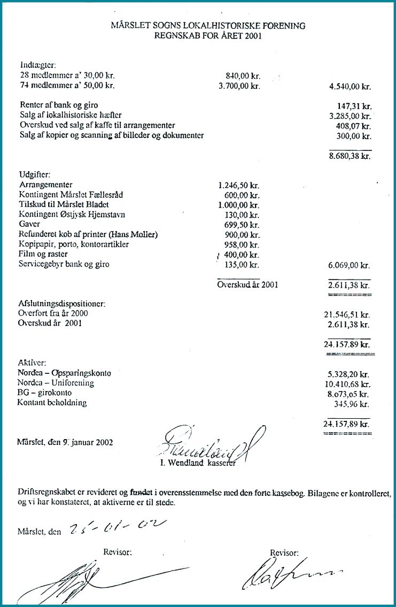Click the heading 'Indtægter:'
tap(34, 66)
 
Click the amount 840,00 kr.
tap(239, 76)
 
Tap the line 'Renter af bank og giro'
tap(58, 105)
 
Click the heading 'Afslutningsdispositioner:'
tap(61, 304)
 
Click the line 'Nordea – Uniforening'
tap(56, 383)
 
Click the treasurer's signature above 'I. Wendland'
tap(208, 441)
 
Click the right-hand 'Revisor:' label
tap(285, 553)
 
